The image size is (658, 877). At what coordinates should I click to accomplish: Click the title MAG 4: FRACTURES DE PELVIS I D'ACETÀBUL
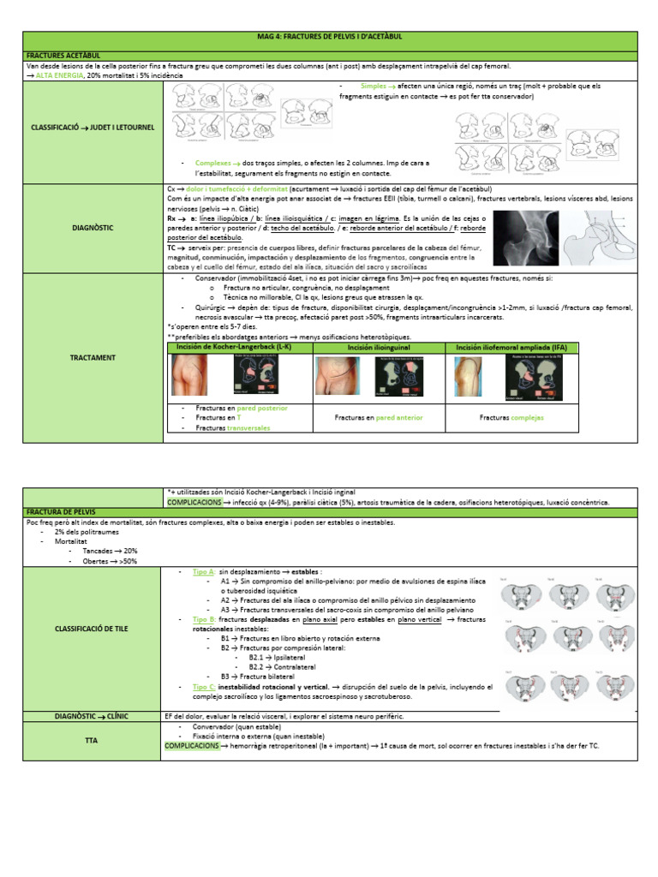click(329, 38)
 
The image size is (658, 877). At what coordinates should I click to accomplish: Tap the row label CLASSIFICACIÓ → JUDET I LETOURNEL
click(92, 128)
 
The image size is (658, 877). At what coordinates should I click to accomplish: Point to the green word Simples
click(373, 87)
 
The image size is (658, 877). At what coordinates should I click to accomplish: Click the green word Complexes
click(213, 162)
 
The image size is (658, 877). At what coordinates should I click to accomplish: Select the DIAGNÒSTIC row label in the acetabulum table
click(92, 228)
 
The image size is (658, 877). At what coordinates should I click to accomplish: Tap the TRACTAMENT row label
click(92, 357)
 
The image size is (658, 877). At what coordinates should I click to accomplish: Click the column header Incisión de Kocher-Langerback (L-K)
click(222, 347)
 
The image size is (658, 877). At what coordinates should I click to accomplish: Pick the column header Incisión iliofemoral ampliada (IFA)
click(511, 347)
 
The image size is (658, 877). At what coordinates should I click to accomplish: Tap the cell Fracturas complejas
click(511, 418)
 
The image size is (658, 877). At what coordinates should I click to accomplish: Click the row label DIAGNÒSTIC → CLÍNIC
click(92, 716)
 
